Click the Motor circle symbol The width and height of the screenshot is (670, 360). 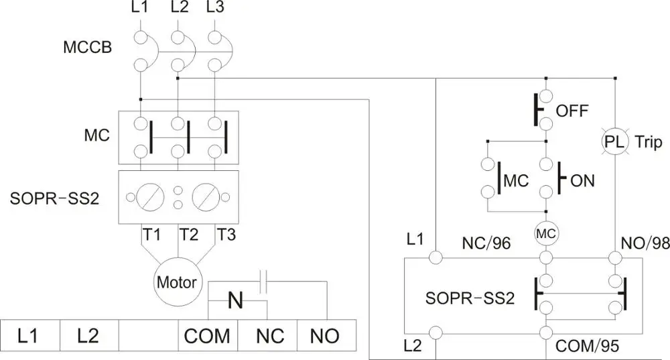[x=177, y=282]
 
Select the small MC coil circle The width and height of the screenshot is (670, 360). [x=546, y=233]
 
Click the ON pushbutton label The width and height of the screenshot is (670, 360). [x=582, y=180]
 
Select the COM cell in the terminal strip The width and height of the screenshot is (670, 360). [x=208, y=335]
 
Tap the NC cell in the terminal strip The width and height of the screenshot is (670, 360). [x=267, y=335]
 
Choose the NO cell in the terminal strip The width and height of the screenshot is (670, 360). [x=326, y=335]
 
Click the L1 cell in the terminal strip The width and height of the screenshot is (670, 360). [x=30, y=335]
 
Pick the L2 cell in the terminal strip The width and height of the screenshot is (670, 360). [x=89, y=335]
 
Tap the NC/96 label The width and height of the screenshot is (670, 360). [x=486, y=243]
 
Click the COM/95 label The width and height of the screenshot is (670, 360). [x=588, y=347]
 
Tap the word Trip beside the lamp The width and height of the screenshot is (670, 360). [x=649, y=142]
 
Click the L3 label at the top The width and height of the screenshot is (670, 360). [x=214, y=9]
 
